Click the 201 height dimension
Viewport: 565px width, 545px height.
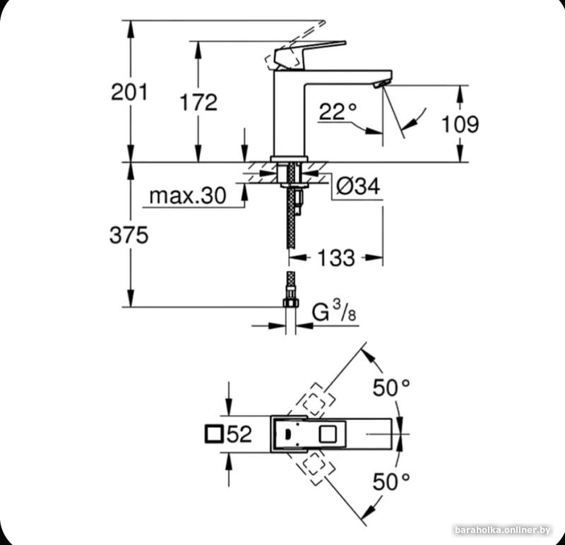point(129,92)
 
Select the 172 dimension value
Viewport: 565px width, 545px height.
point(198,102)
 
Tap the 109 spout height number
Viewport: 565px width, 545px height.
point(460,124)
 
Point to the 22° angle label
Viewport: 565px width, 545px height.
point(338,112)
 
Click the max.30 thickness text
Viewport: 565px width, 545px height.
point(188,196)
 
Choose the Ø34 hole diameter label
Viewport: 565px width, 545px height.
point(358,186)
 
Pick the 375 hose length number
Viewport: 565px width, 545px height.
point(129,235)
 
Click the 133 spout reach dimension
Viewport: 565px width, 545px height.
point(336,258)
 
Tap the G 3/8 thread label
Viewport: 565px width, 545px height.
point(333,311)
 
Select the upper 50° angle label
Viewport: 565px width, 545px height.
point(391,388)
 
